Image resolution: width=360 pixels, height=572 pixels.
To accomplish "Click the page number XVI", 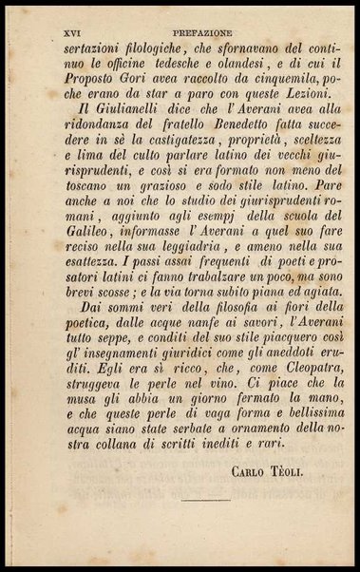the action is click(70, 31).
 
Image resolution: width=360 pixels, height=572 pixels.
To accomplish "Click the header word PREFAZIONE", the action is click(198, 31).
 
